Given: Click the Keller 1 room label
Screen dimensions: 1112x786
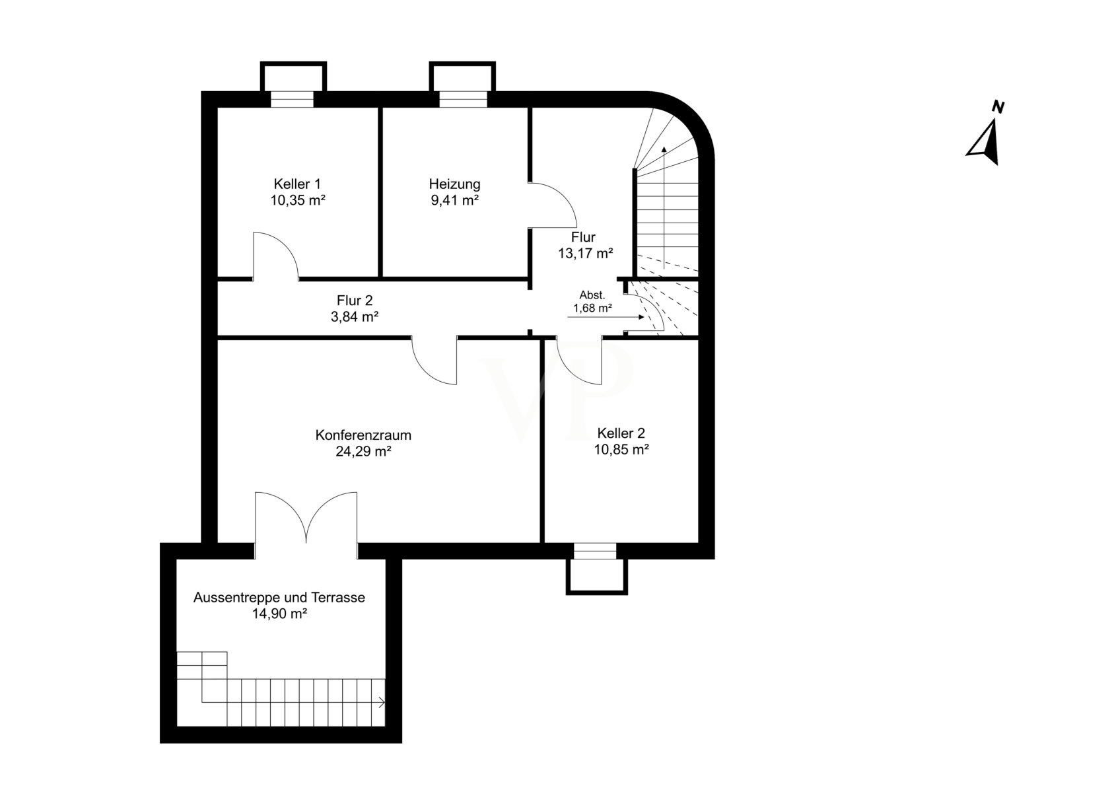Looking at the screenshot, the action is point(297,184).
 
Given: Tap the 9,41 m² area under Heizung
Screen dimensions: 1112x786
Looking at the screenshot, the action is point(455,201).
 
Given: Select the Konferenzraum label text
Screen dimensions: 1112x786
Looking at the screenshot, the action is point(363,435).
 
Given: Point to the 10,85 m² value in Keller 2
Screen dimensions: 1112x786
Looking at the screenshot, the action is point(621,450).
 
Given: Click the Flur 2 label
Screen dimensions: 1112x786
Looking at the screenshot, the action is point(355,301).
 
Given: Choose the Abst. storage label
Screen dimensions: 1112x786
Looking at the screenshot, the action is point(592,295).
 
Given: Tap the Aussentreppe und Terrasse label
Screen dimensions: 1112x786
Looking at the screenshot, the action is point(279,597).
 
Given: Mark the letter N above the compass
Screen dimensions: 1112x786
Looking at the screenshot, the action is point(998,107).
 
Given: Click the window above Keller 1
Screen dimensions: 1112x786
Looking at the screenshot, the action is point(292,99).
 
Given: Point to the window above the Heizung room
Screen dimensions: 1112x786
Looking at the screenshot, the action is point(463,99).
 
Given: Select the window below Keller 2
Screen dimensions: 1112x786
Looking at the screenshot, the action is point(595,551).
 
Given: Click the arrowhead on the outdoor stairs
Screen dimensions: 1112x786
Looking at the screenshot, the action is point(382,703).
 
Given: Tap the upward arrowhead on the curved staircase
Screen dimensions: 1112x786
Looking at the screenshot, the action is point(664,149).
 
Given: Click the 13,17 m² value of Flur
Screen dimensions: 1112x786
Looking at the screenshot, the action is point(585,254).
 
